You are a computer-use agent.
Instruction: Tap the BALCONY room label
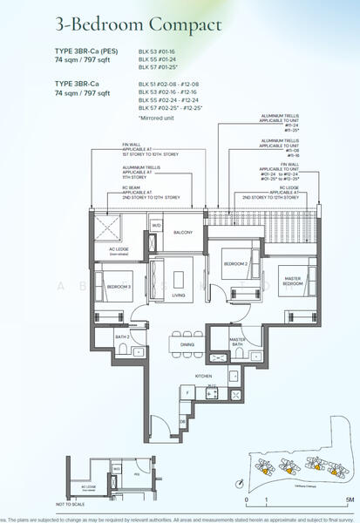(182, 233)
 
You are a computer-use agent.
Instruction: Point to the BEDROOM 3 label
(119, 286)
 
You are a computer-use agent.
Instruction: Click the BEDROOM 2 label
(234, 262)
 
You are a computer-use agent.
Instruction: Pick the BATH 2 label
(122, 336)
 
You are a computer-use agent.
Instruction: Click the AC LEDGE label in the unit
(118, 249)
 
